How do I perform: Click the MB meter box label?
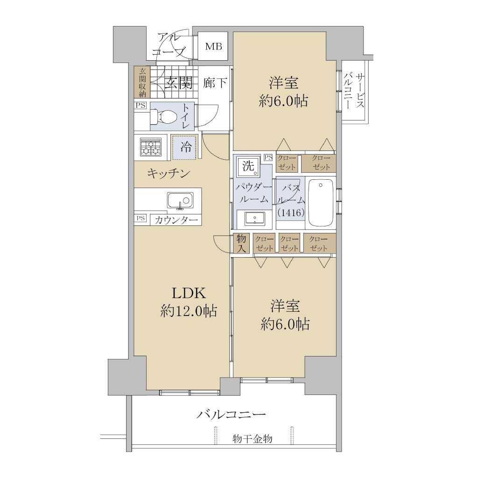point(213,46)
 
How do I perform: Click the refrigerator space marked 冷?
point(184,148)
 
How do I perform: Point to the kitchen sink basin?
point(180,201)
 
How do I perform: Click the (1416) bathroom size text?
point(291,212)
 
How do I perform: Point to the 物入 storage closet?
point(241,243)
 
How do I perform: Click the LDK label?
point(189,293)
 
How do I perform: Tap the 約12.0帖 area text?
point(189,311)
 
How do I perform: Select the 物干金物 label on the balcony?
point(253,439)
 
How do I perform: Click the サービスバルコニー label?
point(354,91)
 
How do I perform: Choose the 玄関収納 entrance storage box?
point(142,82)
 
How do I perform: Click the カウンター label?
point(176,220)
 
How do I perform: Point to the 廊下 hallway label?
point(215,83)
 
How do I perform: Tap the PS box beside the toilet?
point(141,105)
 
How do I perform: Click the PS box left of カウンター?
point(141,218)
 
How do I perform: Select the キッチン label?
point(169,174)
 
